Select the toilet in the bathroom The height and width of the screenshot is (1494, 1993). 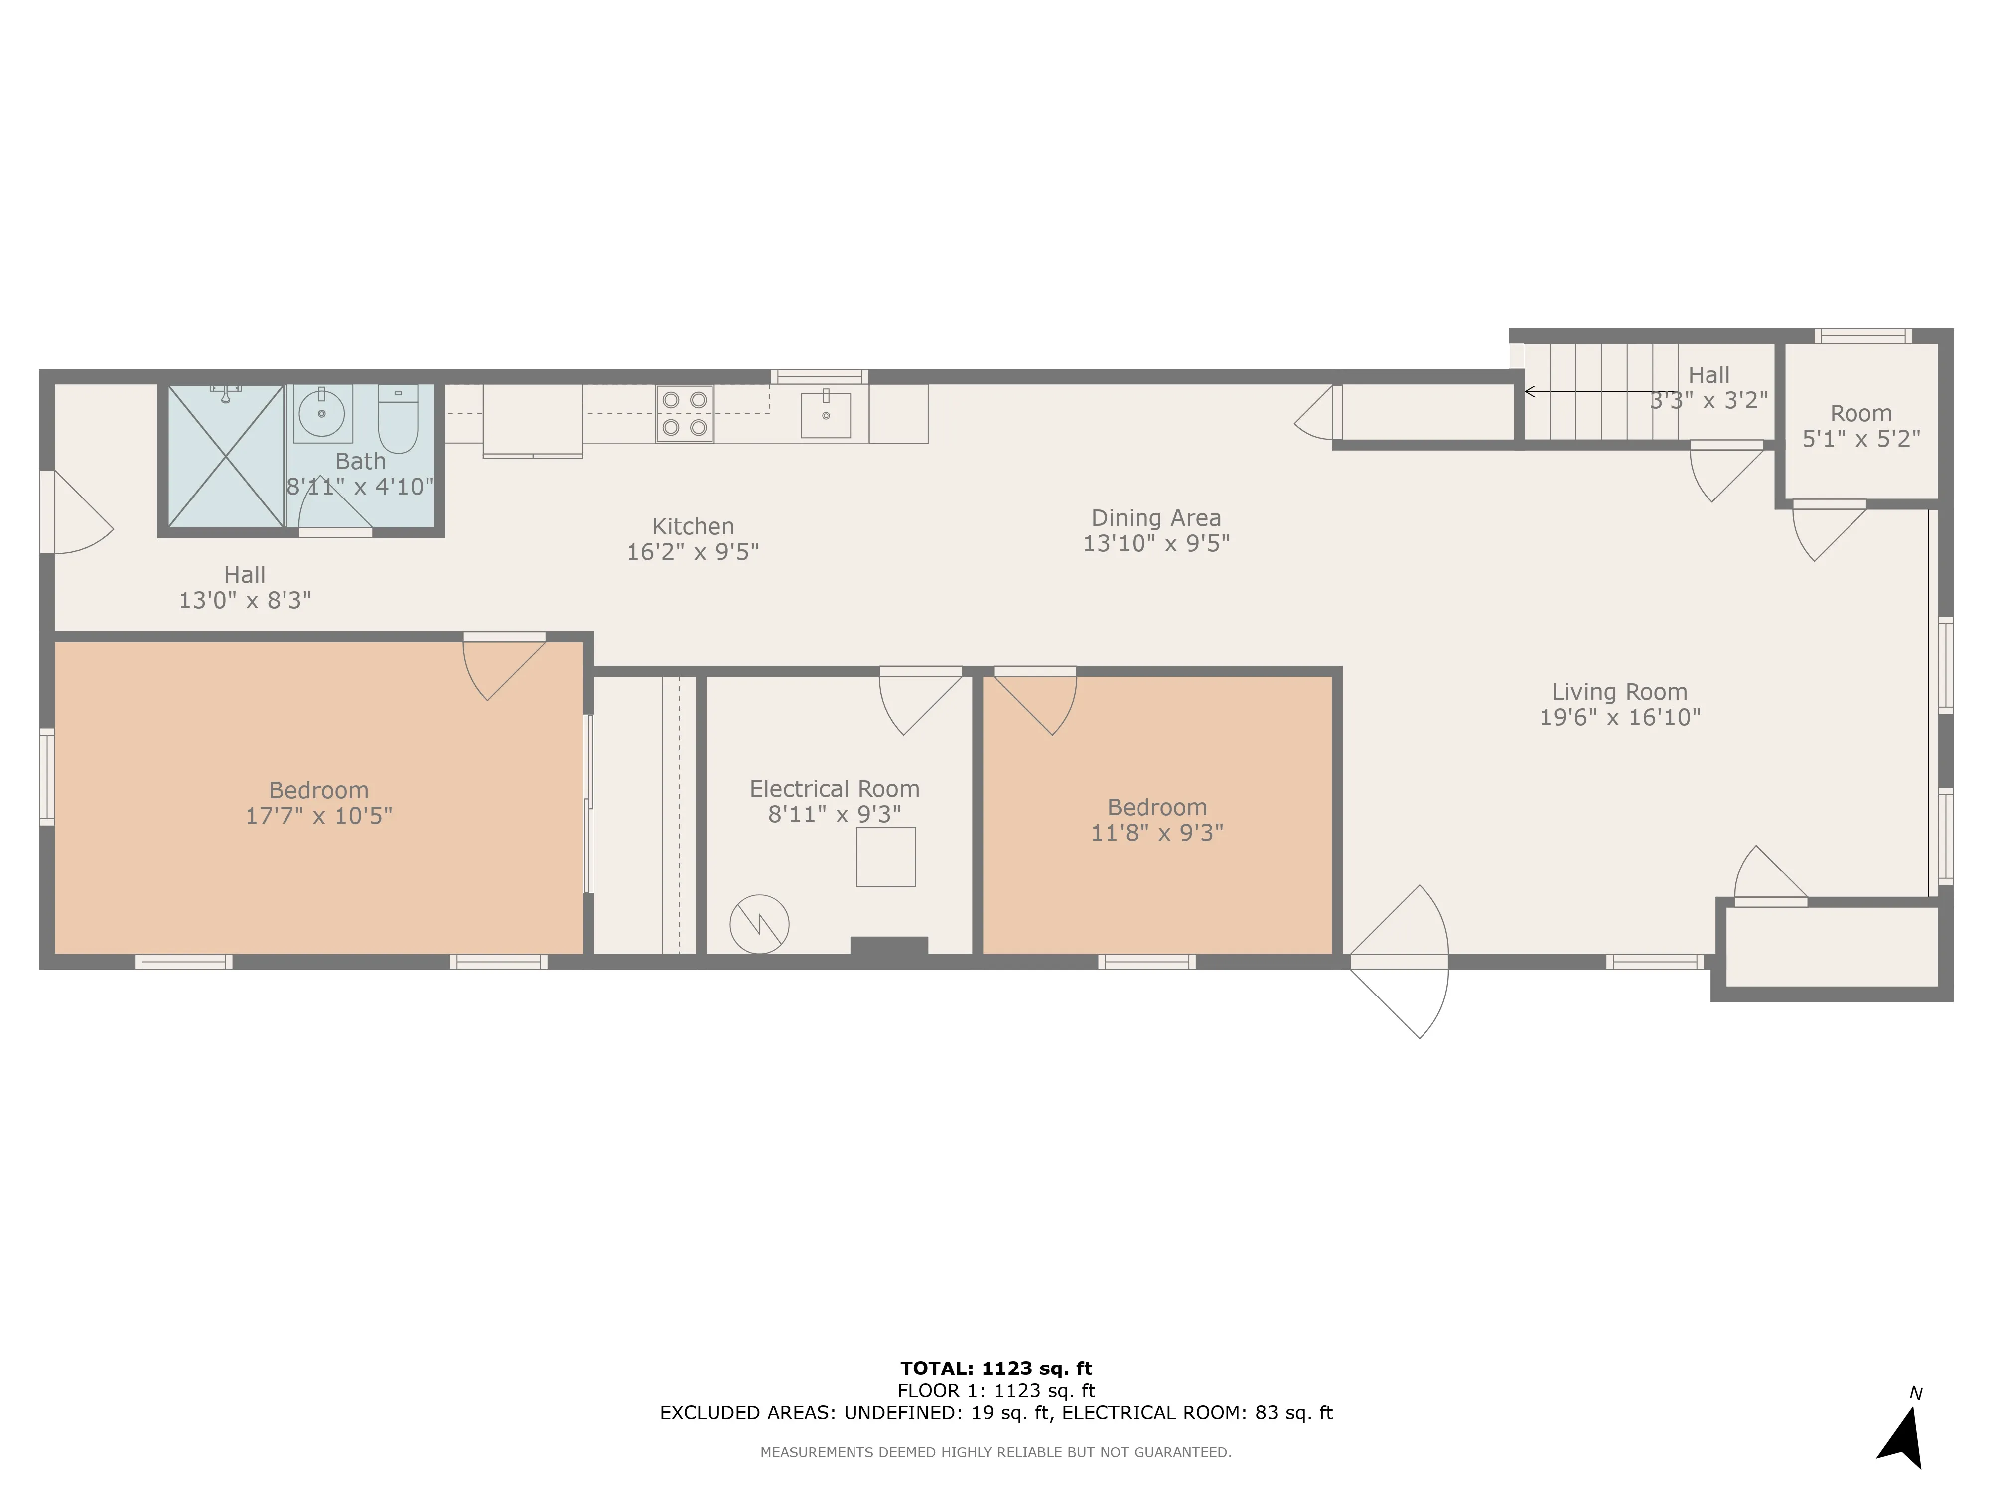[397, 419]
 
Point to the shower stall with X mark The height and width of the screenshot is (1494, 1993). [225, 457]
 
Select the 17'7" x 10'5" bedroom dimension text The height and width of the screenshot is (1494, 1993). [319, 816]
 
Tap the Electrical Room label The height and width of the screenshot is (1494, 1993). [835, 789]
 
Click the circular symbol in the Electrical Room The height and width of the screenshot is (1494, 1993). [759, 924]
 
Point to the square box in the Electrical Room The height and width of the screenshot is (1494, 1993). [886, 858]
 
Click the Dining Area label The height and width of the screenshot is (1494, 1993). [1156, 518]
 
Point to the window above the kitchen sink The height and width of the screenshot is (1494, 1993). [819, 376]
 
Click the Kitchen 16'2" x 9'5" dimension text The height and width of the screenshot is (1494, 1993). [693, 552]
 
